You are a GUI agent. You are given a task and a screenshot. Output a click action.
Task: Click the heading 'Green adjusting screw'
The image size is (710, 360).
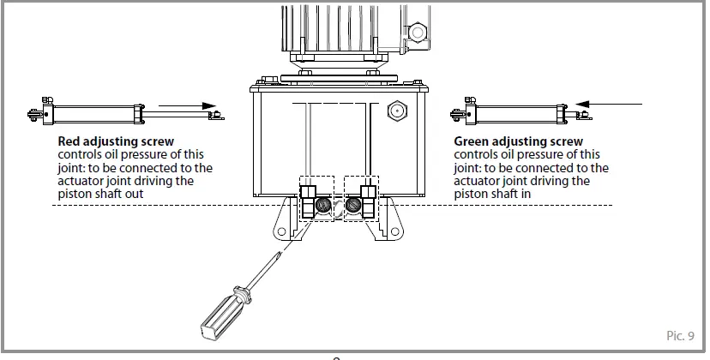pyautogui.click(x=518, y=141)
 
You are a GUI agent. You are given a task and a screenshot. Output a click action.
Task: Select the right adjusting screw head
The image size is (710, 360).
pyautogui.click(x=352, y=207)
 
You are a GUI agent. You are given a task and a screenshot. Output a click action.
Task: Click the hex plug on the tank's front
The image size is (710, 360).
pyautogui.click(x=397, y=111)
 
